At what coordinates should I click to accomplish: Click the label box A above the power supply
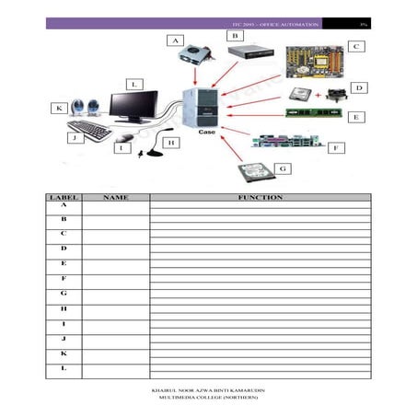pyautogui.click(x=174, y=41)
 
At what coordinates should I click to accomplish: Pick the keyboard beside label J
pyautogui.click(x=88, y=131)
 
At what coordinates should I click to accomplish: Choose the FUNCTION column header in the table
pyautogui.click(x=260, y=198)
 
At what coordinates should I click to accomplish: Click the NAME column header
pyautogui.click(x=115, y=198)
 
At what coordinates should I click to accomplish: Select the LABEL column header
pyautogui.click(x=64, y=198)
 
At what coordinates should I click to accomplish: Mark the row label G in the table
pyautogui.click(x=64, y=293)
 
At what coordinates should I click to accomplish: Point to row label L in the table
pyautogui.click(x=64, y=368)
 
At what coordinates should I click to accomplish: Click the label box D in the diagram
pyautogui.click(x=359, y=88)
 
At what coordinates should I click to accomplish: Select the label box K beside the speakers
pyautogui.click(x=59, y=109)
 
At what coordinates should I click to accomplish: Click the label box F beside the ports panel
pyautogui.click(x=337, y=147)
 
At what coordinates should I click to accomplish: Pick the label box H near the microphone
pyautogui.click(x=170, y=144)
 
